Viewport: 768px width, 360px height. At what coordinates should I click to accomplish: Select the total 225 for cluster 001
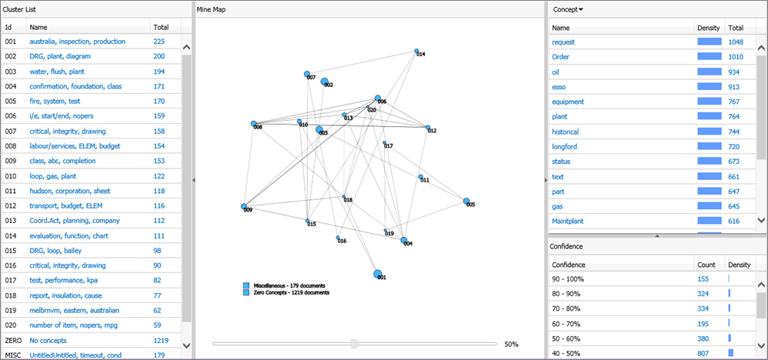159,42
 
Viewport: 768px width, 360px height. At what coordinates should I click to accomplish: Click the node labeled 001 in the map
379,273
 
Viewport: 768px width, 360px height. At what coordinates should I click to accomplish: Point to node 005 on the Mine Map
466,202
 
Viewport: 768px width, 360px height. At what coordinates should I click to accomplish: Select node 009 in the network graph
244,207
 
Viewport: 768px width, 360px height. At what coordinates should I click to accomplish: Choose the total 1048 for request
737,42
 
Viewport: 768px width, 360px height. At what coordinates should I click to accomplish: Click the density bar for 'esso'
710,87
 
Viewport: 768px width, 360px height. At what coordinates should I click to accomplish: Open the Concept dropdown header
568,9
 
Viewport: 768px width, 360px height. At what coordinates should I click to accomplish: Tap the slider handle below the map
354,344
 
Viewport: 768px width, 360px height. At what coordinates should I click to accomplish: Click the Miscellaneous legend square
246,286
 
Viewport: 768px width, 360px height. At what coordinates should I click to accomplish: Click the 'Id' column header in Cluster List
8,27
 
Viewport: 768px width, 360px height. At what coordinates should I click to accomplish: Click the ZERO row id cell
13,340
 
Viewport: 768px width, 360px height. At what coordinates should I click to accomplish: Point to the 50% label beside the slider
511,344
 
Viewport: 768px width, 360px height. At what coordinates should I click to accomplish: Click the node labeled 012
427,128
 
